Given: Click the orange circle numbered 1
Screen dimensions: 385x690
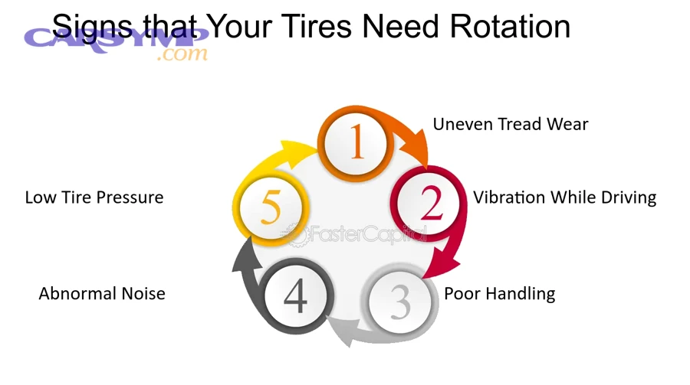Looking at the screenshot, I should click(x=356, y=143).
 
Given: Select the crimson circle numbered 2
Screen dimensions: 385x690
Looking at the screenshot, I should click(x=431, y=204).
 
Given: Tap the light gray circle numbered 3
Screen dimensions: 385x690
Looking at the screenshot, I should click(x=400, y=302).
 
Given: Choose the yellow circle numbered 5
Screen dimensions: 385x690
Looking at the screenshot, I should click(x=270, y=207).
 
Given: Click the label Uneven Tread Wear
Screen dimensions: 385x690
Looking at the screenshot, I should click(x=511, y=124).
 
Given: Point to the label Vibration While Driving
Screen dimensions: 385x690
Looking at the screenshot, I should click(x=564, y=197).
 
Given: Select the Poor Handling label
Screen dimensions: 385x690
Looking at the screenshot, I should click(x=500, y=294).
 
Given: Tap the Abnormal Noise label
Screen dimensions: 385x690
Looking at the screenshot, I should click(x=102, y=294).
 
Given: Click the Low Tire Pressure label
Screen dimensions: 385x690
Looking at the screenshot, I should click(x=94, y=197).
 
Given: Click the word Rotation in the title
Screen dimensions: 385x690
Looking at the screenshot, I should click(x=509, y=27).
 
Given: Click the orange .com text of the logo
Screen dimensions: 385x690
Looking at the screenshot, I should click(x=181, y=54).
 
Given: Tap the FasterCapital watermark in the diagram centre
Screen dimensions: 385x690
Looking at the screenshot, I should click(x=360, y=234).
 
